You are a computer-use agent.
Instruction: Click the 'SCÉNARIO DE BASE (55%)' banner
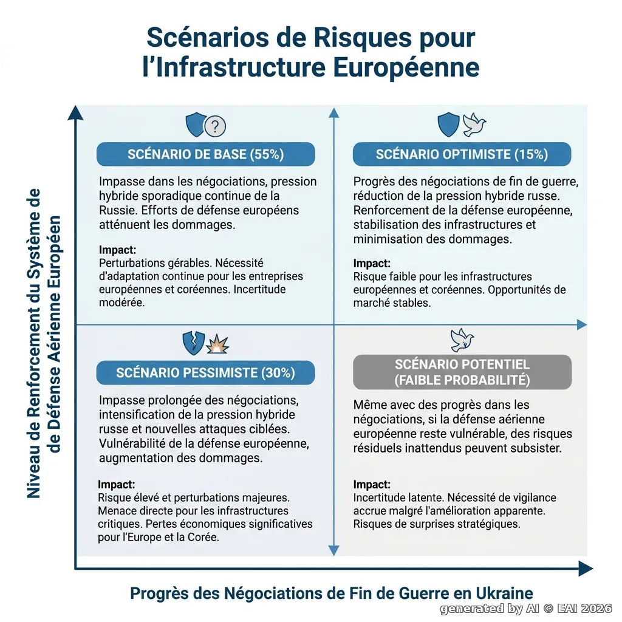pyautogui.click(x=205, y=154)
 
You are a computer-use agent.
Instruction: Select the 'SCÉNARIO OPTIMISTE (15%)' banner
pyautogui.click(x=462, y=154)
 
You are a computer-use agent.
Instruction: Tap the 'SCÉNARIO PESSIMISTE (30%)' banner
pyautogui.click(x=205, y=372)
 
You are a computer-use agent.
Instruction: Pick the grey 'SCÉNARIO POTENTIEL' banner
pyautogui.click(x=462, y=372)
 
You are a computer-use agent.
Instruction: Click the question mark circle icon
pyautogui.click(x=215, y=126)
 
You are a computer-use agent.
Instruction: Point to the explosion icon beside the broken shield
pyautogui.click(x=217, y=344)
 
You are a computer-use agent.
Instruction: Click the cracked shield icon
pyautogui.click(x=194, y=343)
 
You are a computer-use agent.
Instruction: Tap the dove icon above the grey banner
pyautogui.click(x=462, y=340)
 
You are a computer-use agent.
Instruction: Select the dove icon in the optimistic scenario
pyautogui.click(x=474, y=125)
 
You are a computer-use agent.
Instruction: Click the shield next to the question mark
pyautogui.click(x=196, y=125)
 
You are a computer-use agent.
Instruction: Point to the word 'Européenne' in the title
pyautogui.click(x=406, y=67)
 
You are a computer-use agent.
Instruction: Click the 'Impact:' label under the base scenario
pyautogui.click(x=117, y=250)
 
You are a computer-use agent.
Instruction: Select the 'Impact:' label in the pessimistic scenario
pyautogui.click(x=117, y=484)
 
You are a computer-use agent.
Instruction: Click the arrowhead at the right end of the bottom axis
pyautogui.click(x=586, y=569)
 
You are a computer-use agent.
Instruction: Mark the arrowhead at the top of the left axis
pyautogui.click(x=75, y=112)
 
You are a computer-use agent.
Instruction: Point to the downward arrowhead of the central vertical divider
pyautogui.click(x=334, y=550)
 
